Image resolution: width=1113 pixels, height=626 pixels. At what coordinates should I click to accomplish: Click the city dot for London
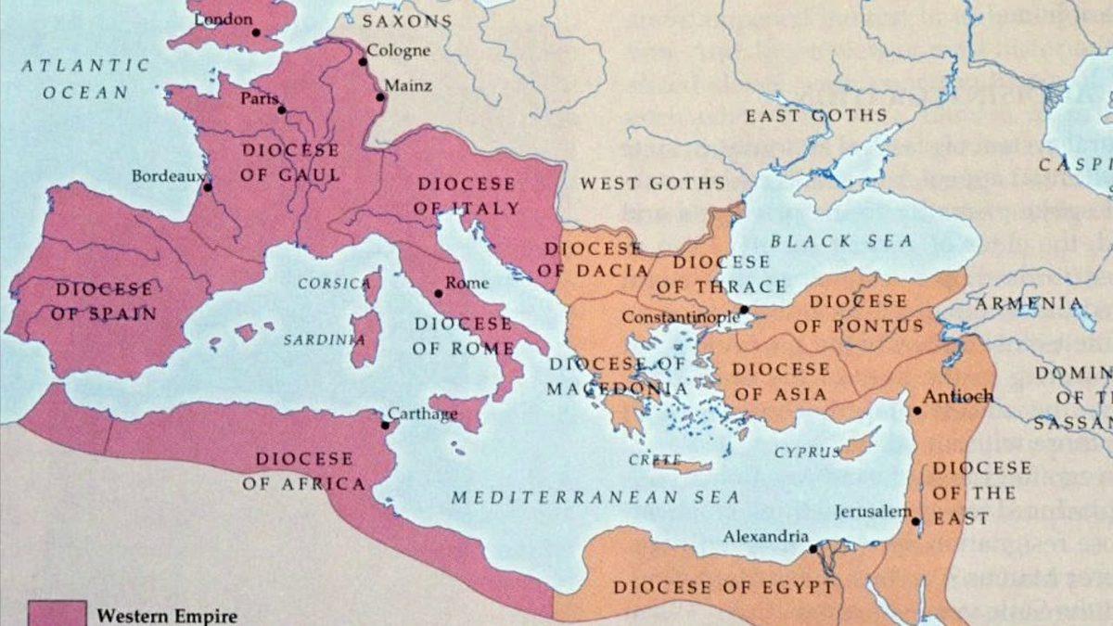[x=256, y=32]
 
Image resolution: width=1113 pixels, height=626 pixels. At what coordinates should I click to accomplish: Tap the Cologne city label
[x=398, y=50]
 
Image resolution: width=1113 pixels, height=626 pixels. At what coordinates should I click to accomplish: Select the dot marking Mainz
[x=380, y=96]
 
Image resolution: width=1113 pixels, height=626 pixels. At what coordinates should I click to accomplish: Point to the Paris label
[x=260, y=98]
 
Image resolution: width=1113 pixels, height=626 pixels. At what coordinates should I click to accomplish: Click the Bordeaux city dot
[x=208, y=186]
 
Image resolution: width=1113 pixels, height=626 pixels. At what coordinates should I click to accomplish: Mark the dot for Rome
[x=439, y=293]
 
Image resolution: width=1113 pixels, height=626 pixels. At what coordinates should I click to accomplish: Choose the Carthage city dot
[x=385, y=425]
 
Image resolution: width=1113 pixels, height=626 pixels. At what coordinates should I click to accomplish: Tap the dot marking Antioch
[x=916, y=409]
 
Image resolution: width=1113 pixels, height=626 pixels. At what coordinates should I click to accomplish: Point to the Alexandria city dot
[x=812, y=548]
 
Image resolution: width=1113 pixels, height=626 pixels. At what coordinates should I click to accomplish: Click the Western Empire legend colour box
[x=57, y=614]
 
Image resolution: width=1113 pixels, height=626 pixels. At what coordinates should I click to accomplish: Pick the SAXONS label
[x=406, y=20]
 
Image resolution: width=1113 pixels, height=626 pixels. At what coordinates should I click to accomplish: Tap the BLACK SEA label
[x=841, y=241]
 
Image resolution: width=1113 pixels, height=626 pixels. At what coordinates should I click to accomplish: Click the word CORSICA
[x=334, y=283]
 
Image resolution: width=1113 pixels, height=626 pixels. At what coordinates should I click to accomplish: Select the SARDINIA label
[x=324, y=339]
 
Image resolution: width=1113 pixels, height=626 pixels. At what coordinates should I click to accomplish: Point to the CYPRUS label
[x=808, y=452]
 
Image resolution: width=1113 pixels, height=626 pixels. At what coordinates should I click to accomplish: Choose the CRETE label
[x=648, y=459]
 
